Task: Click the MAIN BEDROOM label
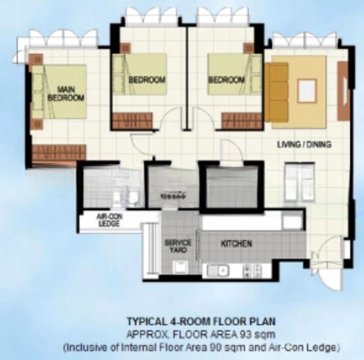click(65, 93)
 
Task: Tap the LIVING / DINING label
click(304, 145)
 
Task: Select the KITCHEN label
click(236, 244)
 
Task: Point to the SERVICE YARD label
click(178, 246)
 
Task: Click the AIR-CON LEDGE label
click(109, 220)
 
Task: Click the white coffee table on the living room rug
click(307, 91)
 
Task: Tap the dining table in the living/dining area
click(300, 181)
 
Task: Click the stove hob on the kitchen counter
click(252, 271)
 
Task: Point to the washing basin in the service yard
click(181, 267)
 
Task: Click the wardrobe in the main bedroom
click(59, 152)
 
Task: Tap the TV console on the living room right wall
click(344, 91)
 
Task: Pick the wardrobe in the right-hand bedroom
click(241, 121)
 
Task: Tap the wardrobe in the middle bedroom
click(133, 121)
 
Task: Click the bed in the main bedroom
click(59, 92)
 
